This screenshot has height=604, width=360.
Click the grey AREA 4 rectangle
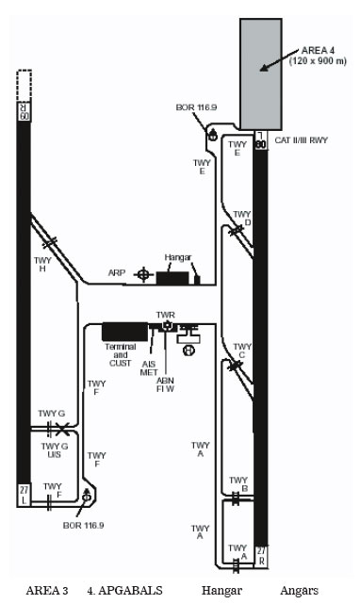[261, 73]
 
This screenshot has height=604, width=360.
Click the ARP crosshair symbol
[143, 274]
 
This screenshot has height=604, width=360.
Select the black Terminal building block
[124, 332]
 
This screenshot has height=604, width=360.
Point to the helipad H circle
[188, 351]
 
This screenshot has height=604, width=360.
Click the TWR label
[165, 315]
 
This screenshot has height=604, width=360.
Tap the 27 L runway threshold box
[24, 495]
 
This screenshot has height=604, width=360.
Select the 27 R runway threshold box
[261, 557]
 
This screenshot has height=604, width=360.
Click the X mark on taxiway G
[62, 429]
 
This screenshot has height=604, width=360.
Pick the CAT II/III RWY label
[301, 140]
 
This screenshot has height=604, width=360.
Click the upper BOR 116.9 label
[196, 107]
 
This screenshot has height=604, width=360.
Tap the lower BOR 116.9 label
[83, 526]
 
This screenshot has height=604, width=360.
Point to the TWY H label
[42, 265]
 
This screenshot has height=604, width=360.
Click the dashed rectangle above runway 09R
[25, 86]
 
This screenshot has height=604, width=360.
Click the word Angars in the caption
[300, 591]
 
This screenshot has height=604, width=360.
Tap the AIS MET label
[149, 368]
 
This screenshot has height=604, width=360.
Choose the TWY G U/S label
[55, 450]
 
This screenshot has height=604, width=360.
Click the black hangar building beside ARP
[172, 278]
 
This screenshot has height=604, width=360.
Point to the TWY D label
[242, 218]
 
